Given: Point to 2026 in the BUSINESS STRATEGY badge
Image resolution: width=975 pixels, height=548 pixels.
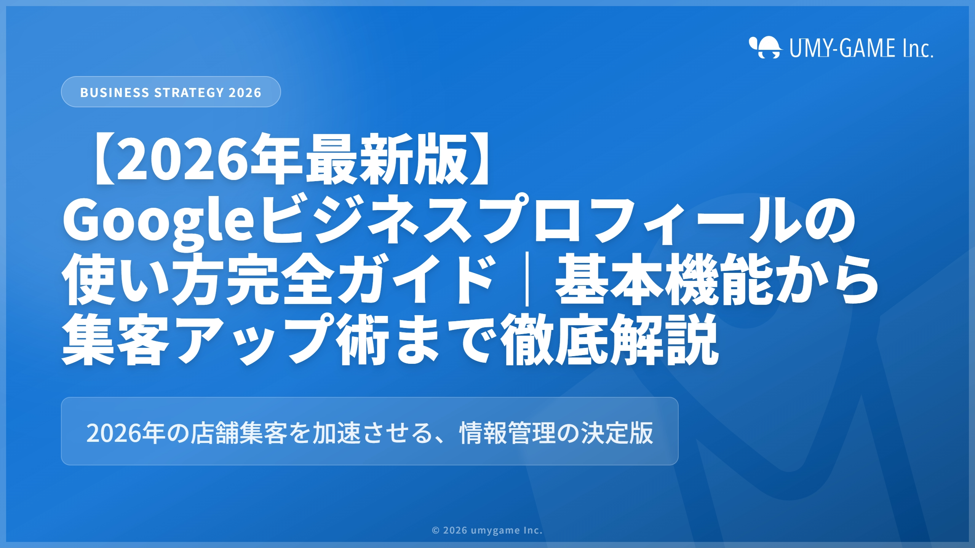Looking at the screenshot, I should [245, 92].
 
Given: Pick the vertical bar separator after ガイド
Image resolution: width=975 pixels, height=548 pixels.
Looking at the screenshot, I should [527, 280].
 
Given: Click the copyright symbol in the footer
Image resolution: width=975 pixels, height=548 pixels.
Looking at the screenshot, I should [436, 530].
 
